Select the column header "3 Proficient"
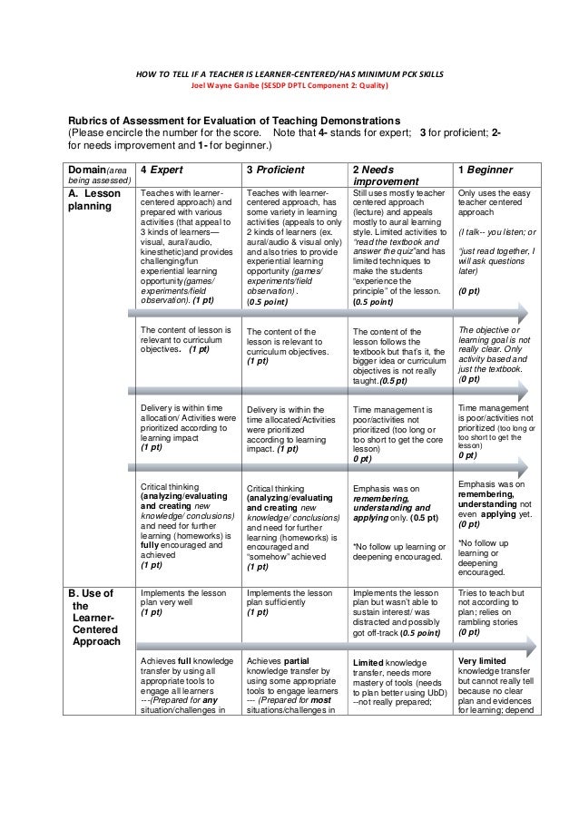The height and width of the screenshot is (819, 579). point(279,170)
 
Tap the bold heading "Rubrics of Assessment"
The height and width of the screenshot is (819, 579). point(228,120)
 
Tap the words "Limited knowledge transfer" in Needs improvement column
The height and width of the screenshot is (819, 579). point(396,667)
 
